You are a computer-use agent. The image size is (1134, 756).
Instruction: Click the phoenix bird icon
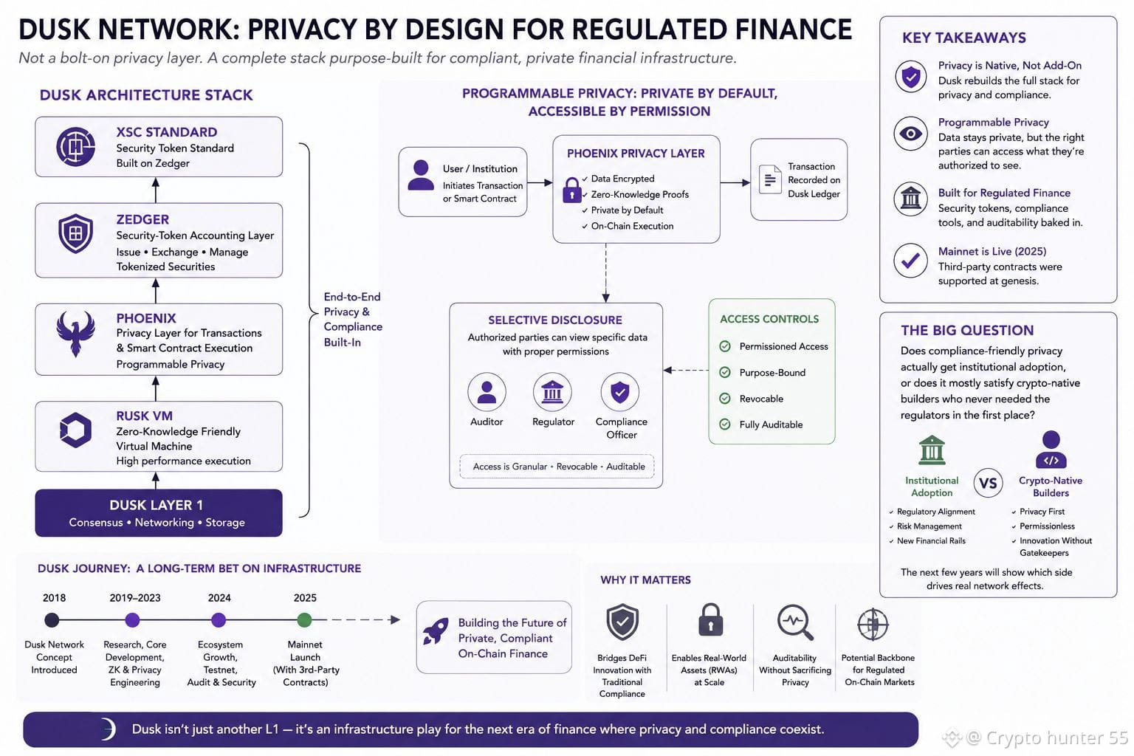75,334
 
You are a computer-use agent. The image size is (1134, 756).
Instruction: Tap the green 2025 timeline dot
304,619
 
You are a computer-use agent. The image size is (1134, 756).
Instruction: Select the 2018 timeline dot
52,619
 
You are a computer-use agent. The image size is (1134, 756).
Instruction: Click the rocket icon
436,631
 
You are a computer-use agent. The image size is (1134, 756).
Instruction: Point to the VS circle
988,483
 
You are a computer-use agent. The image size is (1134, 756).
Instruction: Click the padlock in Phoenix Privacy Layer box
571,190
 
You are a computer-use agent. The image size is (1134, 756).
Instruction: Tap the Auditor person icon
487,392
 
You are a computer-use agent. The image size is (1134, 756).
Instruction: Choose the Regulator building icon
552,392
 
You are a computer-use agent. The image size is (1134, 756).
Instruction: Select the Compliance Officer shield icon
619,392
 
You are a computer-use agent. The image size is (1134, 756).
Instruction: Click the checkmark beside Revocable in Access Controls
725,399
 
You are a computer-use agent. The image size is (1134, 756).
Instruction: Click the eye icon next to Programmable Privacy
911,134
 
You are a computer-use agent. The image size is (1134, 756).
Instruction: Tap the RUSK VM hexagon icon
75,430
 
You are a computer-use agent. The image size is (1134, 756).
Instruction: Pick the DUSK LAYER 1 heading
156,505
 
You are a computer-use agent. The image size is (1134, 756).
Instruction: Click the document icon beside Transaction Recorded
770,179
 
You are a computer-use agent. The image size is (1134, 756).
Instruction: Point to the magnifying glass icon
795,622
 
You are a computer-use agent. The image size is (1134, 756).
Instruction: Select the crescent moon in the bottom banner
109,729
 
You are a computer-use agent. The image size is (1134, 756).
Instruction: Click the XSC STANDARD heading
167,132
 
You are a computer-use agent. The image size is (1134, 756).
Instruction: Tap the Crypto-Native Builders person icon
1051,450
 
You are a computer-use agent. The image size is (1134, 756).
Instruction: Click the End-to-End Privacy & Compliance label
353,320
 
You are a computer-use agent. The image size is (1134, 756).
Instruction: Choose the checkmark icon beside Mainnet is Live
911,261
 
